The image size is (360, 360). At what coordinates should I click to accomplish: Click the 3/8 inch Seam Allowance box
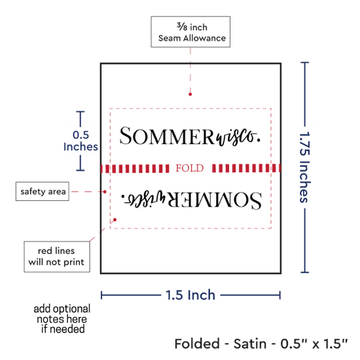(x=190, y=32)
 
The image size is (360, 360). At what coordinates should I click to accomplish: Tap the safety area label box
(x=43, y=191)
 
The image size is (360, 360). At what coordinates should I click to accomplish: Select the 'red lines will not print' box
(x=57, y=257)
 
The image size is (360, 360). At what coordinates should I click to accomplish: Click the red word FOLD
(x=190, y=168)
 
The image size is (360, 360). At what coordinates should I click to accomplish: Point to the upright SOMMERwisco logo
(x=190, y=136)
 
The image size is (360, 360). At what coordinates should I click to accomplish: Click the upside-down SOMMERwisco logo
(x=191, y=199)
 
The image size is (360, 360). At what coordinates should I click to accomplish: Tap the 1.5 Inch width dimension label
(x=190, y=295)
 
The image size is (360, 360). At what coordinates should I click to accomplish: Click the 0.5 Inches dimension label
(x=81, y=141)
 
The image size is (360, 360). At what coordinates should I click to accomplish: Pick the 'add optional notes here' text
(x=62, y=319)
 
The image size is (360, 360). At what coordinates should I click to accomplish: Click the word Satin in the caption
(x=250, y=344)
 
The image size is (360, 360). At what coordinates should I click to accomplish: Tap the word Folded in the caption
(x=197, y=344)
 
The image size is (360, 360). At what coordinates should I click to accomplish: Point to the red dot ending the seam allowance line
(x=190, y=94)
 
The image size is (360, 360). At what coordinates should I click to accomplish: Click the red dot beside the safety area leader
(x=105, y=192)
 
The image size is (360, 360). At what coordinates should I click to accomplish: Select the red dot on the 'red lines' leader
(x=115, y=220)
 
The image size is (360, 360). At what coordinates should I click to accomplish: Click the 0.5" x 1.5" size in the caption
(x=314, y=344)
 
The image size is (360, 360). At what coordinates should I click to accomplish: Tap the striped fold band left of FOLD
(x=135, y=168)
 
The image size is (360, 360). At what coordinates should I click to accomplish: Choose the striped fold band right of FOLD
(x=246, y=168)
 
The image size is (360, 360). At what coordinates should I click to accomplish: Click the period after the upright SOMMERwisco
(x=259, y=140)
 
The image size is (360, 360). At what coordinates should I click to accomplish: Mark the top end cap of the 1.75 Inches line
(x=304, y=62)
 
